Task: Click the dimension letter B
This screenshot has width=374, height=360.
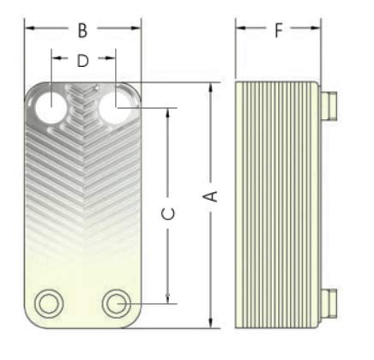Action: coord(82,31)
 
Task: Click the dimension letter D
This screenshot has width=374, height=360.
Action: coord(83,61)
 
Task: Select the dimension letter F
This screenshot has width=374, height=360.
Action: coord(279,30)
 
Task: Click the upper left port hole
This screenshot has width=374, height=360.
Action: coord(51,108)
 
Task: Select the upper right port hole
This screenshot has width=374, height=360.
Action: coord(115,108)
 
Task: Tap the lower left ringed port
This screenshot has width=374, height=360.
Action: coord(49,303)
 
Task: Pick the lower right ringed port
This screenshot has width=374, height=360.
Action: coord(117,303)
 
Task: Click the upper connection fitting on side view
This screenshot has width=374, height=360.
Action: coord(329,105)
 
